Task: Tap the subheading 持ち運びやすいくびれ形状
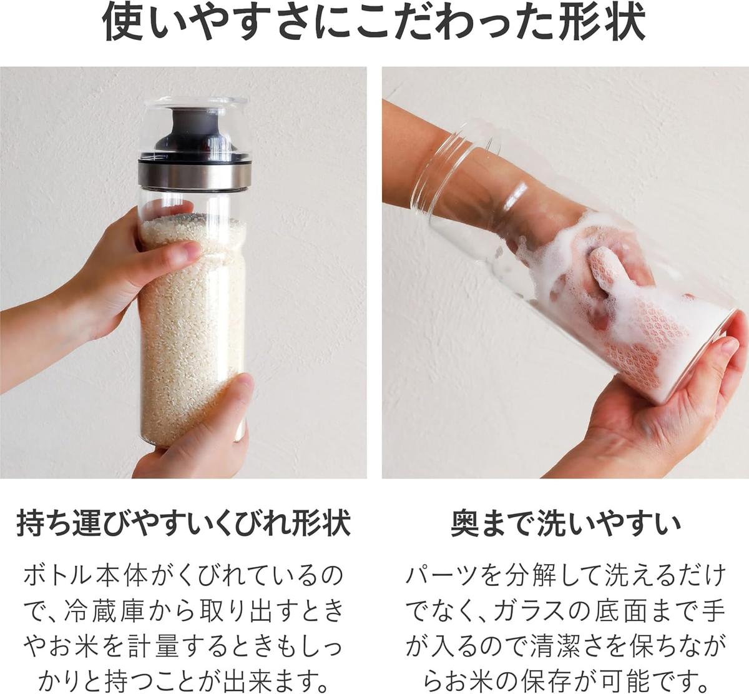pyautogui.click(x=184, y=523)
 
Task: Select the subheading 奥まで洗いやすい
pyautogui.click(x=565, y=523)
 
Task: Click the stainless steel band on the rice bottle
pyautogui.click(x=195, y=174)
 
